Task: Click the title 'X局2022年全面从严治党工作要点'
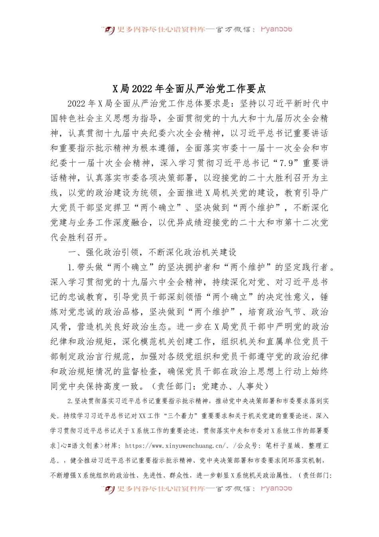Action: pyautogui.click(x=189, y=88)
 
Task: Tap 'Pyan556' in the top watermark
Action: pyautogui.click(x=276, y=29)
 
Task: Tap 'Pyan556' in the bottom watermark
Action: pyautogui.click(x=276, y=488)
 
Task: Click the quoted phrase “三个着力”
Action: pyautogui.click(x=179, y=416)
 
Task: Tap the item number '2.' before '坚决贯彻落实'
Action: pyautogui.click(x=71, y=401)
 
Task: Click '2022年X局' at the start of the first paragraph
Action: pyautogui.click(x=90, y=103)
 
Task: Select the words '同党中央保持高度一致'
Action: pyautogui.click(x=95, y=386)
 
